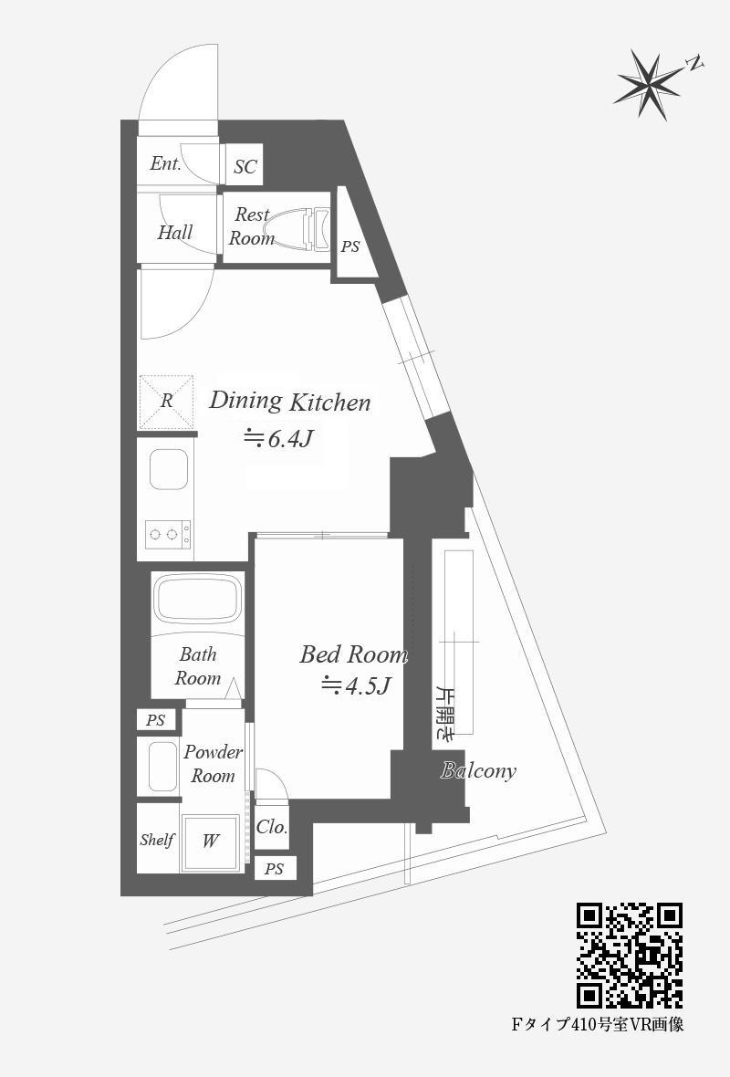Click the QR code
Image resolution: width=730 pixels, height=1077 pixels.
tap(630, 955)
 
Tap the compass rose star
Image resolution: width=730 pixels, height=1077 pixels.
tap(646, 86)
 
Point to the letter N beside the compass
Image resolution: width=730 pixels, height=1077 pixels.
tap(695, 65)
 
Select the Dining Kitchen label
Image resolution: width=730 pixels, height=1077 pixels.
tap(290, 401)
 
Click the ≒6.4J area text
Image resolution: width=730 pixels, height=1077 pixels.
tap(280, 438)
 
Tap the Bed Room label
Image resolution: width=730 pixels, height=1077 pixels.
tap(354, 654)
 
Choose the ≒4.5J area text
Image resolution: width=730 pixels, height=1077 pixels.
tap(357, 685)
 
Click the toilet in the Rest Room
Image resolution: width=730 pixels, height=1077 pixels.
tap(298, 229)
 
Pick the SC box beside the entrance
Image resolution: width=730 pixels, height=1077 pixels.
tap(245, 165)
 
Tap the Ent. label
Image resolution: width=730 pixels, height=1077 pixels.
tap(165, 163)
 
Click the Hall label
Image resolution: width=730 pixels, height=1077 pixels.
tap(175, 232)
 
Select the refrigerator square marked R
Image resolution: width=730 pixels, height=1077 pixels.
tap(166, 401)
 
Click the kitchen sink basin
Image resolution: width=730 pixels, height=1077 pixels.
tap(168, 470)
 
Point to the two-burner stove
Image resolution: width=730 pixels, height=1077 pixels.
tap(168, 533)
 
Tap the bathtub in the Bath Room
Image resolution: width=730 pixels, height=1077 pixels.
tap(198, 599)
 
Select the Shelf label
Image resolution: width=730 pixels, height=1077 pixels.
tap(157, 840)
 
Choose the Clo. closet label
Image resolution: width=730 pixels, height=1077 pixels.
tap(272, 827)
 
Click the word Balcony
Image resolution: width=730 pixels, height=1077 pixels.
tap(478, 770)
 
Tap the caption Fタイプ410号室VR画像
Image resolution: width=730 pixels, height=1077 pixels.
tap(598, 1026)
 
